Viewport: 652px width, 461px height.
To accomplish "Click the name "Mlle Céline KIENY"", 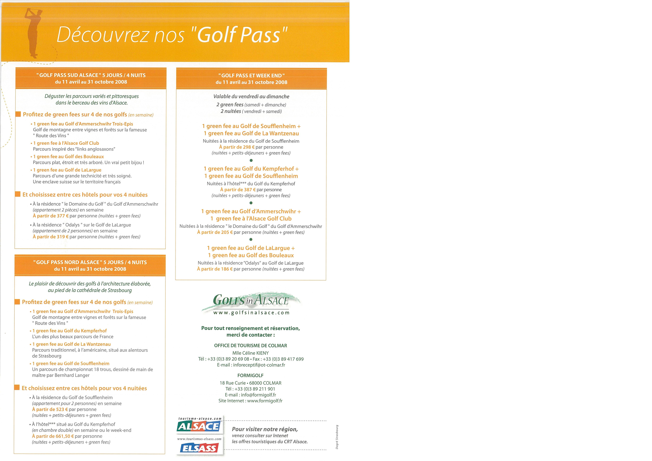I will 250,353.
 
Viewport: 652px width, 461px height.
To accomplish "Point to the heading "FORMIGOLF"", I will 250,375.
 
